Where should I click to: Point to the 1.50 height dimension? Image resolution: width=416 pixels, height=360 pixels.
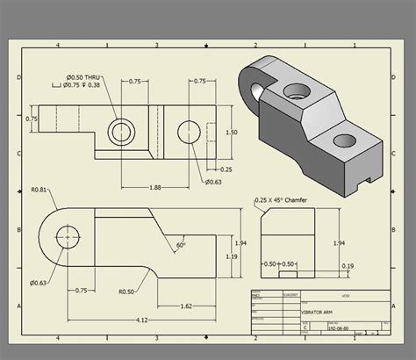click(x=232, y=132)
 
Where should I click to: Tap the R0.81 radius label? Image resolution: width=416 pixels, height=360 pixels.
click(x=39, y=190)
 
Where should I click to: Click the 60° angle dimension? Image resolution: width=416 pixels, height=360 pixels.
click(x=181, y=244)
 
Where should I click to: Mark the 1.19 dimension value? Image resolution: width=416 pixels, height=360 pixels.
click(x=231, y=256)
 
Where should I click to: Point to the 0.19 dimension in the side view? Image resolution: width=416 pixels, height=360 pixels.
click(x=348, y=264)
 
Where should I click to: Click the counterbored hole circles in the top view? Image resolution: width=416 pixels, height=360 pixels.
click(x=120, y=133)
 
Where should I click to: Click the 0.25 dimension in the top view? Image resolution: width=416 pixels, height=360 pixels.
click(x=226, y=169)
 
